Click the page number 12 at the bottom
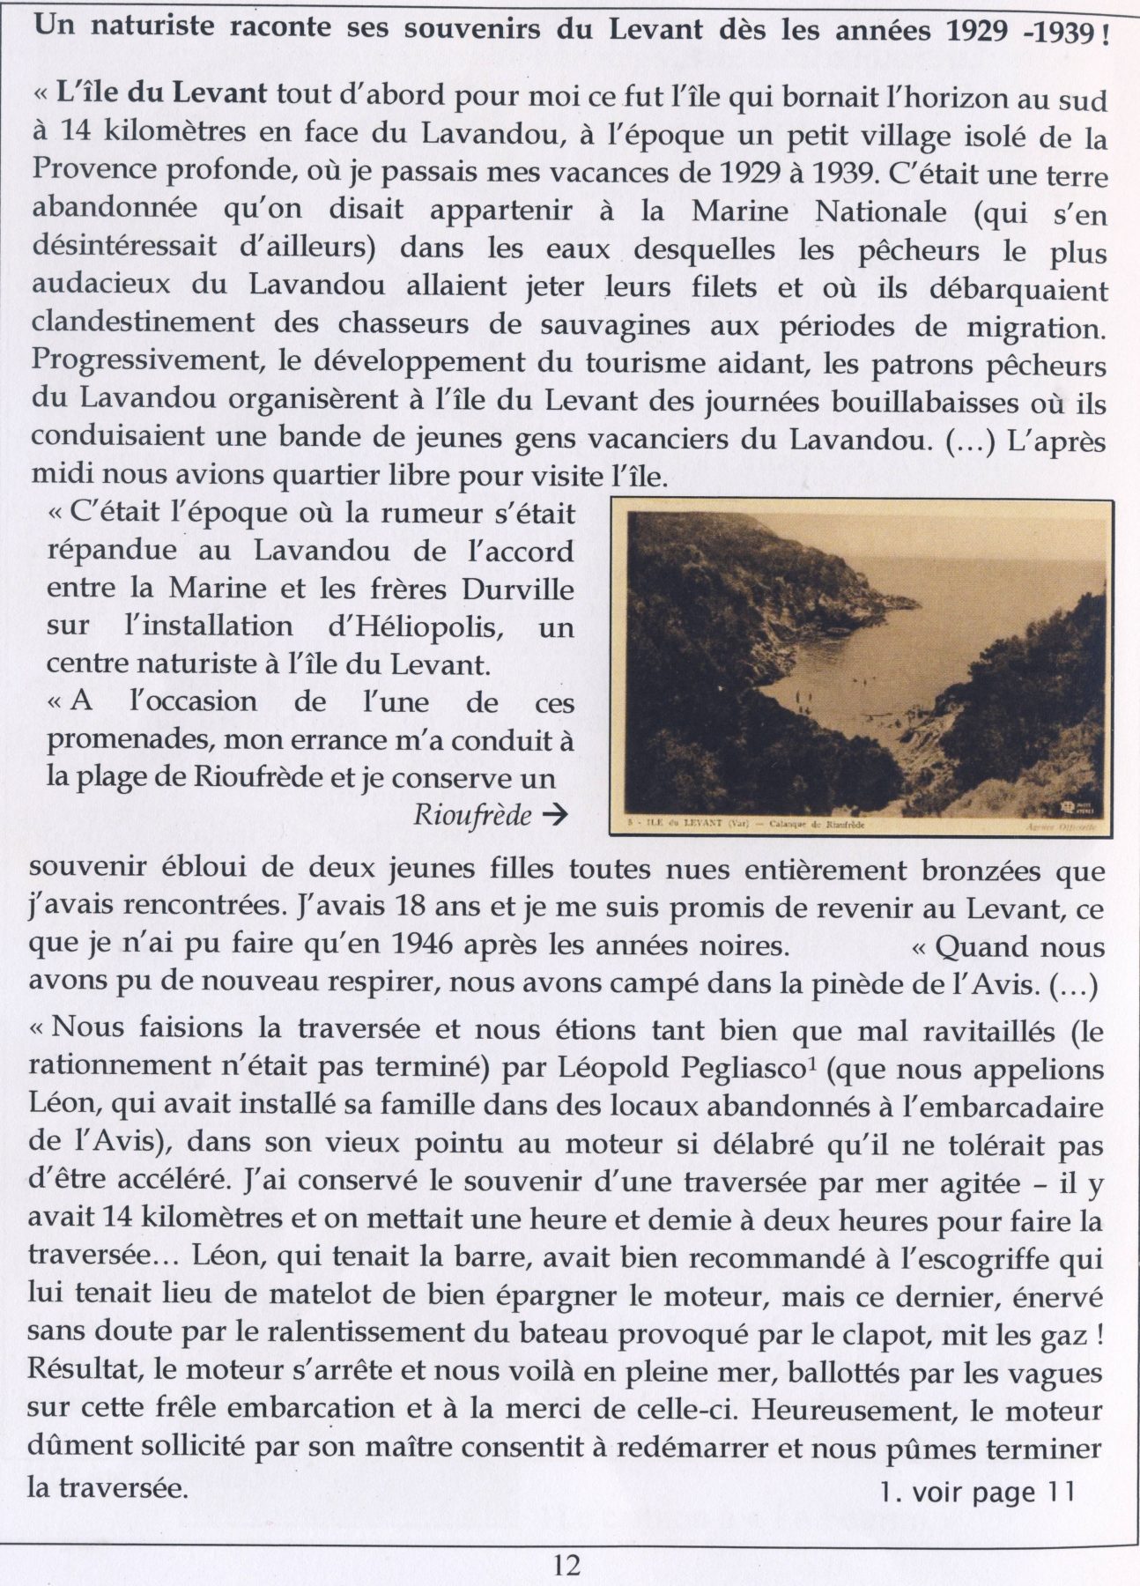coord(567,1564)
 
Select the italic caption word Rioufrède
coord(472,815)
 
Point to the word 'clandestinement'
coord(140,325)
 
